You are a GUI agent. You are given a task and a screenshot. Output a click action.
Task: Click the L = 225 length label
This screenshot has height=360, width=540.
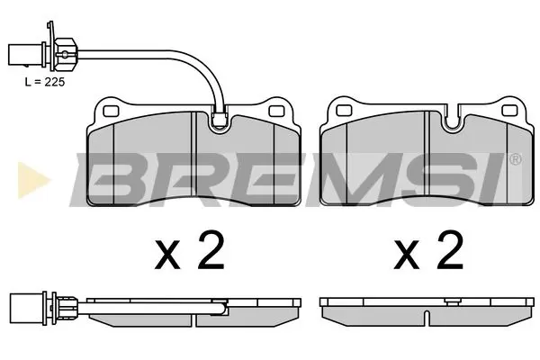43,80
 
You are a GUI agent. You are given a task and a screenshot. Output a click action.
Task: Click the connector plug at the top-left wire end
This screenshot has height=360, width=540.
21,53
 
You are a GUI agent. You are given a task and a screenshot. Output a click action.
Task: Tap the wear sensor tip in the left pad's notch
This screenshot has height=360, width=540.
220,114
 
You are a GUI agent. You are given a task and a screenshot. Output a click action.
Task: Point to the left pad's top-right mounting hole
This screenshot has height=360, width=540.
278,111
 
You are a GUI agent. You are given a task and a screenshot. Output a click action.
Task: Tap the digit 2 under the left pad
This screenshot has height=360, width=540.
211,253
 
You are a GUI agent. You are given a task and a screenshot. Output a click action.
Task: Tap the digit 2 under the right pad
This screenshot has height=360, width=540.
449,253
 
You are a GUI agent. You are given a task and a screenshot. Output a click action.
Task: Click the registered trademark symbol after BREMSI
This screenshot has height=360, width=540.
515,160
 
